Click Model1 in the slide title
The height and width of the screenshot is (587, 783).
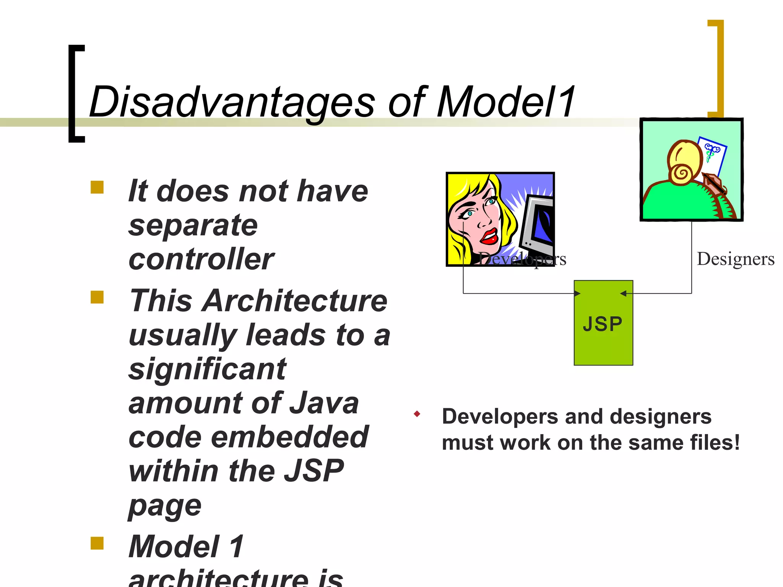pyautogui.click(x=505, y=102)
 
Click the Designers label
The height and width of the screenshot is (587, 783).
pyautogui.click(x=735, y=259)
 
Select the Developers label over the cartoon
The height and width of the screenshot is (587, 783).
pyautogui.click(x=522, y=259)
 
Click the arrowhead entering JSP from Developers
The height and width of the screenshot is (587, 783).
pyautogui.click(x=578, y=293)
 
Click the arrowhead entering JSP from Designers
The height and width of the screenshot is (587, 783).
pyautogui.click(x=623, y=293)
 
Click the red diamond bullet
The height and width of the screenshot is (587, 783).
pyautogui.click(x=417, y=414)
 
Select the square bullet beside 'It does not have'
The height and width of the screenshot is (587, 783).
pyautogui.click(x=97, y=187)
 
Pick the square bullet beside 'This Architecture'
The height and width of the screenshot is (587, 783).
pyautogui.click(x=97, y=297)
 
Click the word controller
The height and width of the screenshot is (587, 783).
pyautogui.click(x=201, y=259)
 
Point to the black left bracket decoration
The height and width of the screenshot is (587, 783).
pyautogui.click(x=73, y=94)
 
